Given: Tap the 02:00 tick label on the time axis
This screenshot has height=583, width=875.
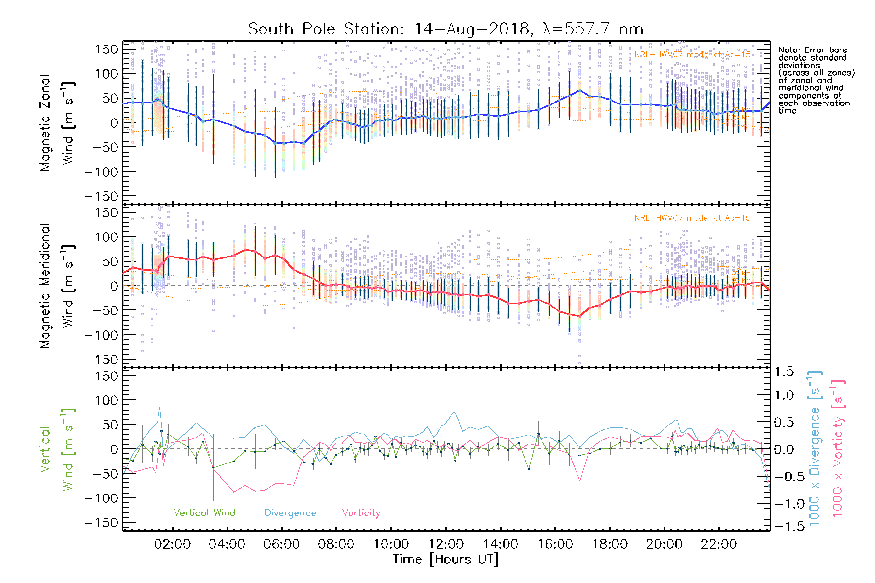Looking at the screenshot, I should pyautogui.click(x=172, y=544).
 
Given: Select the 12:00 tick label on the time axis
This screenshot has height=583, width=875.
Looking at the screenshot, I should pyautogui.click(x=446, y=544).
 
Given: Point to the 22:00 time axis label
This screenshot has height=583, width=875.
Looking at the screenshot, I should pyautogui.click(x=719, y=544).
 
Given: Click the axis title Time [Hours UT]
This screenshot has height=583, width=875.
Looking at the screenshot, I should pyautogui.click(x=446, y=559).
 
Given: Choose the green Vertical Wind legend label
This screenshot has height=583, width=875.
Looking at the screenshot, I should pyautogui.click(x=204, y=513).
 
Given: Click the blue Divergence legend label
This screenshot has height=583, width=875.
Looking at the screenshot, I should pyautogui.click(x=290, y=513).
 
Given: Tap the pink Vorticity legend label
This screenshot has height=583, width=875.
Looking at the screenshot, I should pyautogui.click(x=361, y=513).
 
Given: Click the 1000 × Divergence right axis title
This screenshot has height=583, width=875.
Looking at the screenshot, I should pyautogui.click(x=815, y=449).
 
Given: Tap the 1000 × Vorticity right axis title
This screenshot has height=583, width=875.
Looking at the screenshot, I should pyautogui.click(x=838, y=449).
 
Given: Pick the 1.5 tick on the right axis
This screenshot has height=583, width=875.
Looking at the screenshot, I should pyautogui.click(x=784, y=372).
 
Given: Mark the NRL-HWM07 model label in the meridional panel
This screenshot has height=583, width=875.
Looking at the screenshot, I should pyautogui.click(x=692, y=218).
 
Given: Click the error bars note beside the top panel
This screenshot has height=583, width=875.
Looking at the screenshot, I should pyautogui.click(x=816, y=80).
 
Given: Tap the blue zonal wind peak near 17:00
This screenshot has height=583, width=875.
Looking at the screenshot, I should pyautogui.click(x=580, y=90).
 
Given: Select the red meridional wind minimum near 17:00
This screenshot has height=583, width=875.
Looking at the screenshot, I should pyautogui.click(x=580, y=316).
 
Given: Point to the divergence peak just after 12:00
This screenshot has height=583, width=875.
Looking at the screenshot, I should pyautogui.click(x=455, y=412).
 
